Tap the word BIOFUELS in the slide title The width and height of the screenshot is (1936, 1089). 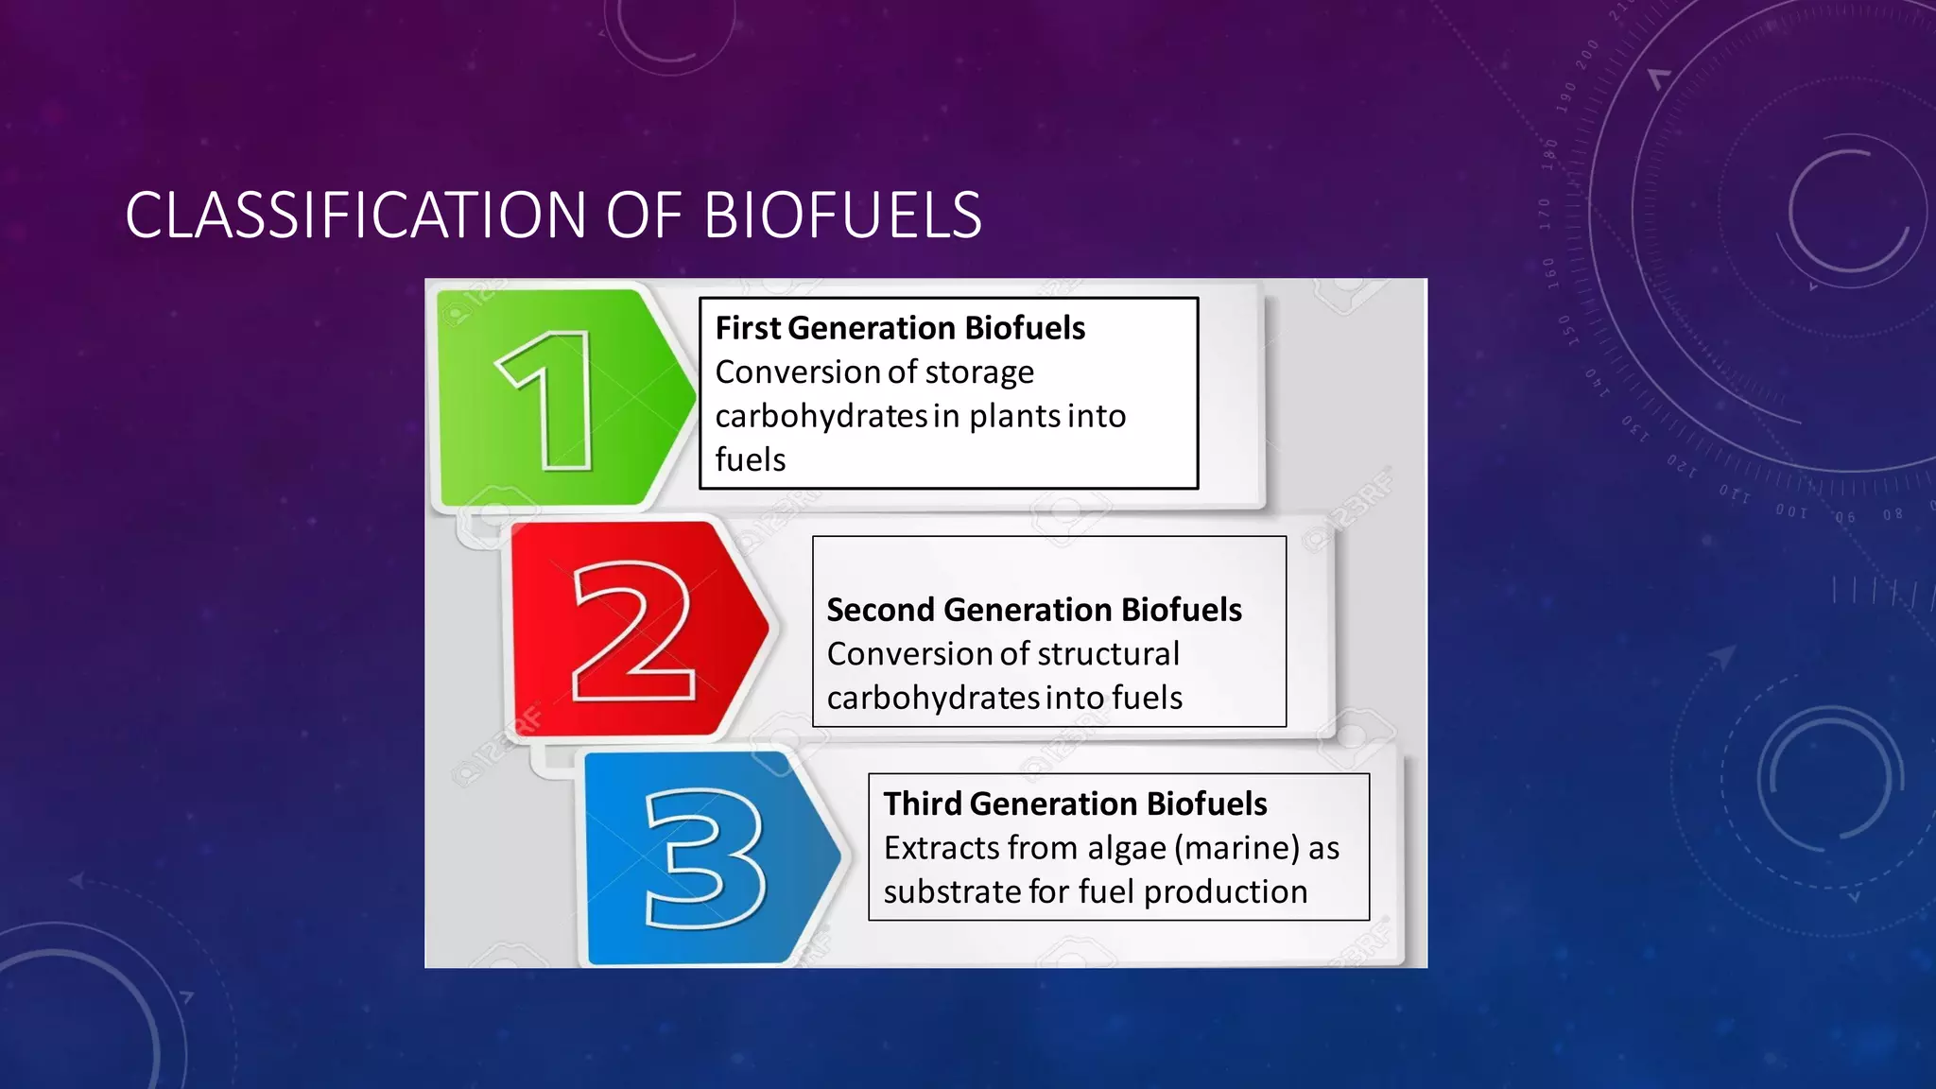point(842,216)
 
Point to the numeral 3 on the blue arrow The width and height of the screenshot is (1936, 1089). point(705,858)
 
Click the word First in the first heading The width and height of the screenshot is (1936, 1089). point(748,328)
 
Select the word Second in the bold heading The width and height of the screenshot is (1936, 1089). point(880,610)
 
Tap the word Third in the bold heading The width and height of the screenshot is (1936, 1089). point(922,804)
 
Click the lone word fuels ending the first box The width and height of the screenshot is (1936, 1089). point(750,459)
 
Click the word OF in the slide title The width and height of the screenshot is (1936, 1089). point(644,216)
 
